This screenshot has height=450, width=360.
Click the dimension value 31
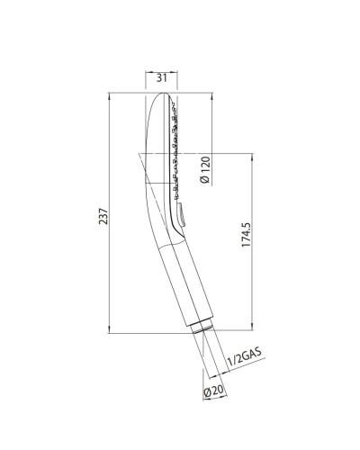(162, 77)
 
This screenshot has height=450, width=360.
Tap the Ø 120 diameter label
(205, 168)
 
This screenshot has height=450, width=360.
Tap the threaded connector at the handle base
(206, 338)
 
